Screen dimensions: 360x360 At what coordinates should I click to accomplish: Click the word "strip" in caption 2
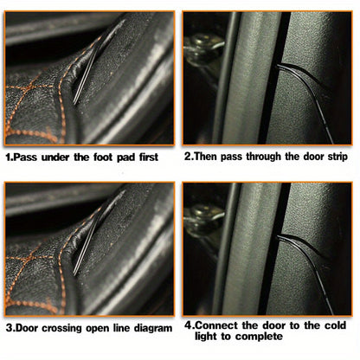[337, 157]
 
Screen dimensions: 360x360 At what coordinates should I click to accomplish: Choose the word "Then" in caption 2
[206, 157]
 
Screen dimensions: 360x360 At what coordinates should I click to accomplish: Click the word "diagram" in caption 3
[153, 328]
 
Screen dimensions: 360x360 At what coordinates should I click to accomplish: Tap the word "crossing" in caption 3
[61, 328]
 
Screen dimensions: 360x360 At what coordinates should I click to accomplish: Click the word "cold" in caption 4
[335, 325]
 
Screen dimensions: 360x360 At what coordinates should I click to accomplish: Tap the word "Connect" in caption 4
[217, 325]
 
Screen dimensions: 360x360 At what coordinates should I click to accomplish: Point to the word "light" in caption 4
[206, 337]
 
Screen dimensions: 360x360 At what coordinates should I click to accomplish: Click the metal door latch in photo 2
[202, 50]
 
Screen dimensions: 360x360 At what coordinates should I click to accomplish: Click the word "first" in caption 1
[149, 157]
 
